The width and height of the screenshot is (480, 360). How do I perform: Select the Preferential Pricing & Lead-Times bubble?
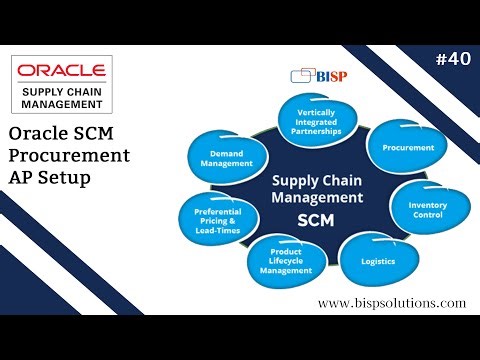[217, 219]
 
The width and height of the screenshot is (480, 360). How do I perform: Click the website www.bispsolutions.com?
[392, 303]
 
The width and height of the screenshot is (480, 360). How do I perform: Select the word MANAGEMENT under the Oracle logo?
[61, 106]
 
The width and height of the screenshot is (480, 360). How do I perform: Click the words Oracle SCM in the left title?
[61, 134]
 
